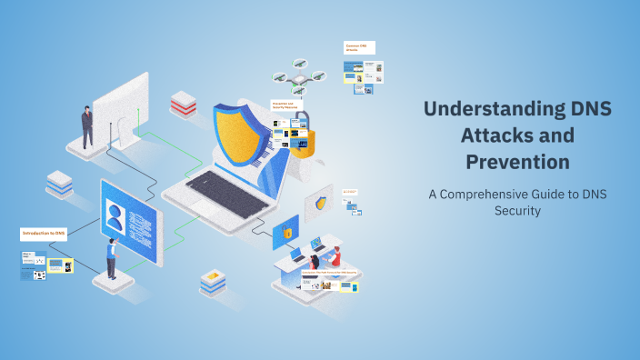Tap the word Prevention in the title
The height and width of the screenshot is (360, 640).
(517, 162)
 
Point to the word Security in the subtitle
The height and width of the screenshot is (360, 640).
(517, 210)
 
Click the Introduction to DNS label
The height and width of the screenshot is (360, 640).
(45, 234)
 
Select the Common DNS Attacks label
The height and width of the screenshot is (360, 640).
(359, 47)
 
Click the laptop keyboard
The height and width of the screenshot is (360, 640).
(217, 190)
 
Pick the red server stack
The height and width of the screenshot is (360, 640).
(184, 105)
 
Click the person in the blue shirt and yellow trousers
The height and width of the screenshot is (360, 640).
(112, 258)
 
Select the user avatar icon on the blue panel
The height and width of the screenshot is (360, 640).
(115, 217)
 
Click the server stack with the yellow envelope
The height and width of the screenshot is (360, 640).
(213, 283)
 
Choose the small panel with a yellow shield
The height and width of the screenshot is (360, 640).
(319, 204)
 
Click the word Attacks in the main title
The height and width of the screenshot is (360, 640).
(516, 136)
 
